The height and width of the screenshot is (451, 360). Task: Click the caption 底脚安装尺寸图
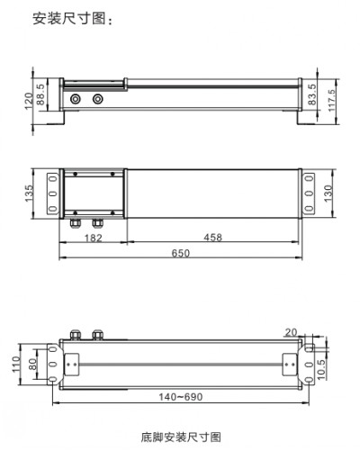point(180,437)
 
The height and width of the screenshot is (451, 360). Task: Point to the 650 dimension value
point(180,255)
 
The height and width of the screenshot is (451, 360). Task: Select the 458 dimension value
point(213,238)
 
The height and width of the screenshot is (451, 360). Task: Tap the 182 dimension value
point(92,238)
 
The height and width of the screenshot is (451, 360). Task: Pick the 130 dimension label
point(329,192)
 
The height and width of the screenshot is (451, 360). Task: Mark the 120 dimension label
point(28,101)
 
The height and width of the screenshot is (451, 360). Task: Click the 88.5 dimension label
point(40,94)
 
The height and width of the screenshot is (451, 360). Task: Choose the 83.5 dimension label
point(312,93)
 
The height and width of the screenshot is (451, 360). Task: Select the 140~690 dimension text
point(179,397)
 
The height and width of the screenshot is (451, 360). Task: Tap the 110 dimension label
point(15,364)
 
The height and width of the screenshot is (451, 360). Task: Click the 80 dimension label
point(31,364)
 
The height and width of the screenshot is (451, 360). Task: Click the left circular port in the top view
point(75,97)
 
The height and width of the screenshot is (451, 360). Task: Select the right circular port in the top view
point(97,97)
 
